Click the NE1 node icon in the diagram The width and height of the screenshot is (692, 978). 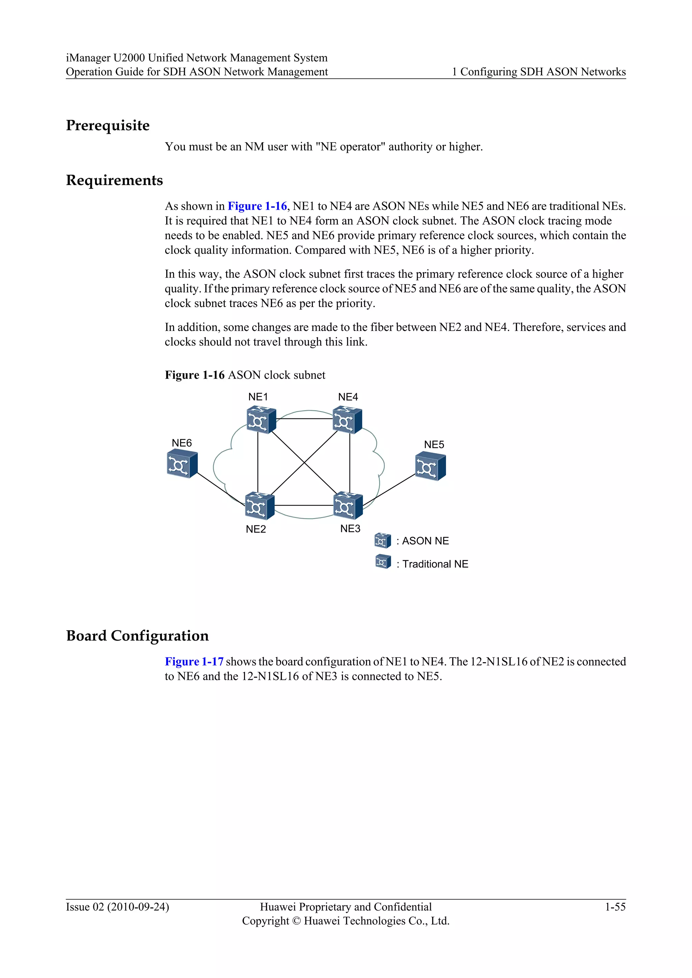pyautogui.click(x=261, y=420)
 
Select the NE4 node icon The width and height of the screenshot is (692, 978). pyautogui.click(x=347, y=420)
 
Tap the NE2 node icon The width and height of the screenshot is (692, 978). pyautogui.click(x=259, y=506)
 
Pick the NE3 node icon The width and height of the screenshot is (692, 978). pyautogui.click(x=348, y=506)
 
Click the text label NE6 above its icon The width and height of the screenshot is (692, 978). pyautogui.click(x=181, y=443)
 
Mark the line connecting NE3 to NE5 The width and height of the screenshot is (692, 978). pyautogui.click(x=389, y=489)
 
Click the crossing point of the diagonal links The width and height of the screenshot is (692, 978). pyautogui.click(x=304, y=463)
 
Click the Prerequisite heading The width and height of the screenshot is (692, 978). pyautogui.click(x=108, y=125)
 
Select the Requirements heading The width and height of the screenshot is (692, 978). pyautogui.click(x=114, y=180)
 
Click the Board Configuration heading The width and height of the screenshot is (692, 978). pyautogui.click(x=137, y=636)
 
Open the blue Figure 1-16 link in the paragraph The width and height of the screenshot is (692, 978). pyautogui.click(x=257, y=206)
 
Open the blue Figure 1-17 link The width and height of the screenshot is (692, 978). pyautogui.click(x=194, y=662)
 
